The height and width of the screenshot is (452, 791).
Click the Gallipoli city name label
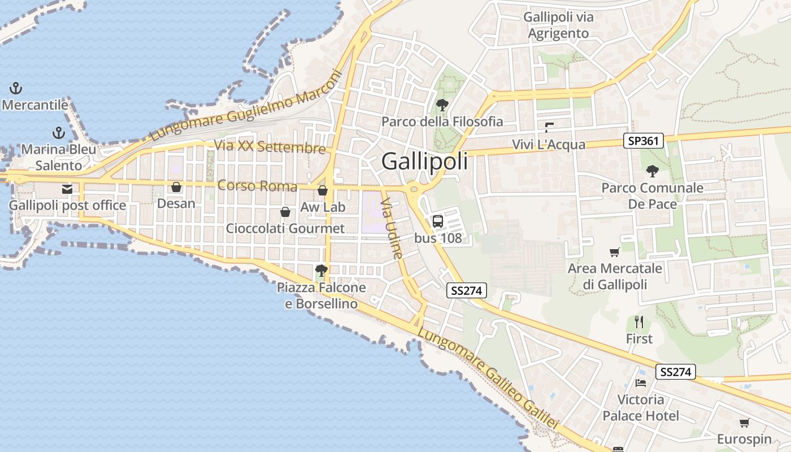point(425,162)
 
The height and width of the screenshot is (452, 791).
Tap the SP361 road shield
point(643,141)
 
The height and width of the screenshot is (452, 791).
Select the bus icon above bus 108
point(438,221)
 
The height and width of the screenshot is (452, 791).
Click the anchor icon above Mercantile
point(16,88)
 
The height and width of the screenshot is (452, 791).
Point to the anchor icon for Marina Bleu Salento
point(59,133)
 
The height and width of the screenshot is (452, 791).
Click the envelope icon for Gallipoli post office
point(67,189)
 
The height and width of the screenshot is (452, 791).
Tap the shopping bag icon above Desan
point(176,187)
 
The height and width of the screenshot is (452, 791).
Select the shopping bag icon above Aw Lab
point(323,190)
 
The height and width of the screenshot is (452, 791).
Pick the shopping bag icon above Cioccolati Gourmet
point(285,212)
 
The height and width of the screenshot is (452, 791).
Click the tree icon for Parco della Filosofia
point(442,105)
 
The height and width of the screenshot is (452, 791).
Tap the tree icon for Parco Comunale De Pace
point(652,171)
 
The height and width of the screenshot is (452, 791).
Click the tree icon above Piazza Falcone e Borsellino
point(321,271)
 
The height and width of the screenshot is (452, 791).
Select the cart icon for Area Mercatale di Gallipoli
point(615,252)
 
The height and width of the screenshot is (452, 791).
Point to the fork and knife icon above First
point(639,322)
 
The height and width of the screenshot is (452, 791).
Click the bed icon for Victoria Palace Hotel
point(640,383)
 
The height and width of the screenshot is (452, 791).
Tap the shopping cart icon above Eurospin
point(744,423)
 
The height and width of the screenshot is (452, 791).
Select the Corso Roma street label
point(257,185)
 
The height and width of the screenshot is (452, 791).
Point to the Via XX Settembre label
point(270,146)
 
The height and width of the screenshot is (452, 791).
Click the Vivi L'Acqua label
point(549,145)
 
